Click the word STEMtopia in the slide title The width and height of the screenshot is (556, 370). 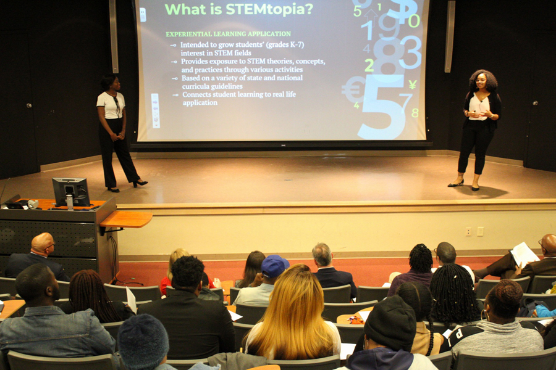tap(269, 10)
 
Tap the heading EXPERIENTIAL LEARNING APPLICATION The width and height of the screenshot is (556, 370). tap(229, 34)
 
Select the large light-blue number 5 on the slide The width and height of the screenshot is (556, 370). tap(382, 106)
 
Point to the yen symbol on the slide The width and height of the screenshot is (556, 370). tap(413, 84)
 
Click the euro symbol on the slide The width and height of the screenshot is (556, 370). tap(353, 89)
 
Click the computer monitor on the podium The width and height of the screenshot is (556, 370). tap(71, 192)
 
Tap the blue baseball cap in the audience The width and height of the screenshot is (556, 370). tap(274, 266)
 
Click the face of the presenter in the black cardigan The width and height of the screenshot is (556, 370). tap(481, 83)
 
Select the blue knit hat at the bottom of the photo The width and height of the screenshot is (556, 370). tap(143, 341)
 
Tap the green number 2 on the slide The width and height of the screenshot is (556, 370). tap(369, 65)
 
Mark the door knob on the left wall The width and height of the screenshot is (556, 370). tap(28, 105)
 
